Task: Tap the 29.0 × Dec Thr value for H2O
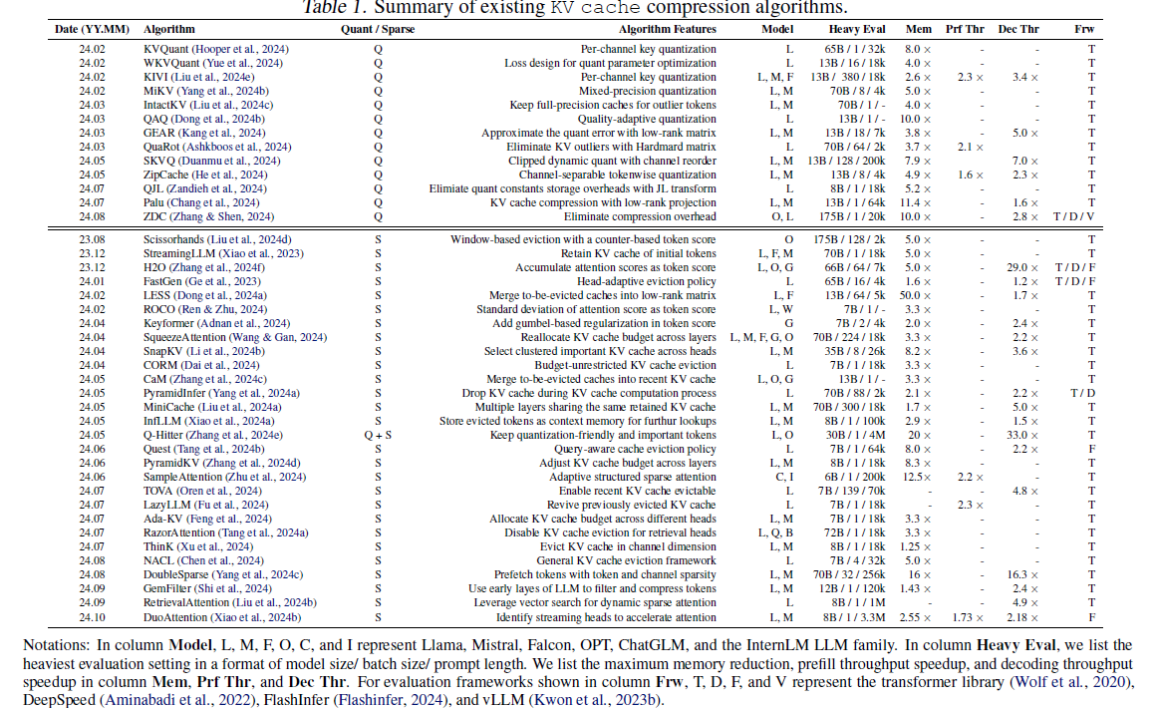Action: [x=1023, y=267]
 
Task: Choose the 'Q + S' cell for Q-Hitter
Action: [x=378, y=435]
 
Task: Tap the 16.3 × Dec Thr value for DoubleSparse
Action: [x=1023, y=575]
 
